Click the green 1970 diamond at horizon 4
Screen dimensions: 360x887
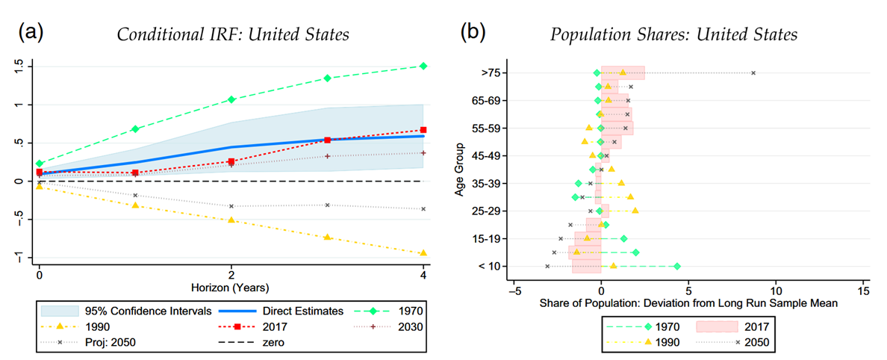point(423,66)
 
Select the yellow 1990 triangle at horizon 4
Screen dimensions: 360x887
point(423,253)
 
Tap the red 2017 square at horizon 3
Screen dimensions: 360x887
point(327,140)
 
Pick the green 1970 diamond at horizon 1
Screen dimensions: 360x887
point(135,128)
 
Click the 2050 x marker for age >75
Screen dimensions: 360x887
point(753,72)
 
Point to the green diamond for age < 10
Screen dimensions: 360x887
point(677,266)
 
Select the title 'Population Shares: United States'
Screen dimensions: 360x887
point(673,35)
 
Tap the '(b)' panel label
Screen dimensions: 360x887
point(476,32)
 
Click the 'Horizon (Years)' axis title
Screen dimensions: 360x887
point(231,286)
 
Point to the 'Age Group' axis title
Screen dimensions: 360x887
point(459,170)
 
